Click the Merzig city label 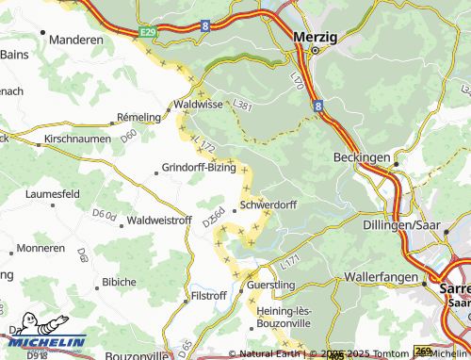coord(315,35)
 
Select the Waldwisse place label coord(197,106)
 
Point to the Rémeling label coord(138,117)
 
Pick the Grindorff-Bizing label coord(199,168)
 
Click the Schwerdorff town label coord(268,204)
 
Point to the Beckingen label coord(362,158)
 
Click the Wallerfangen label coord(380,279)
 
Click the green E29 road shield coord(147,32)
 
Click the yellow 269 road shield coord(424,351)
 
